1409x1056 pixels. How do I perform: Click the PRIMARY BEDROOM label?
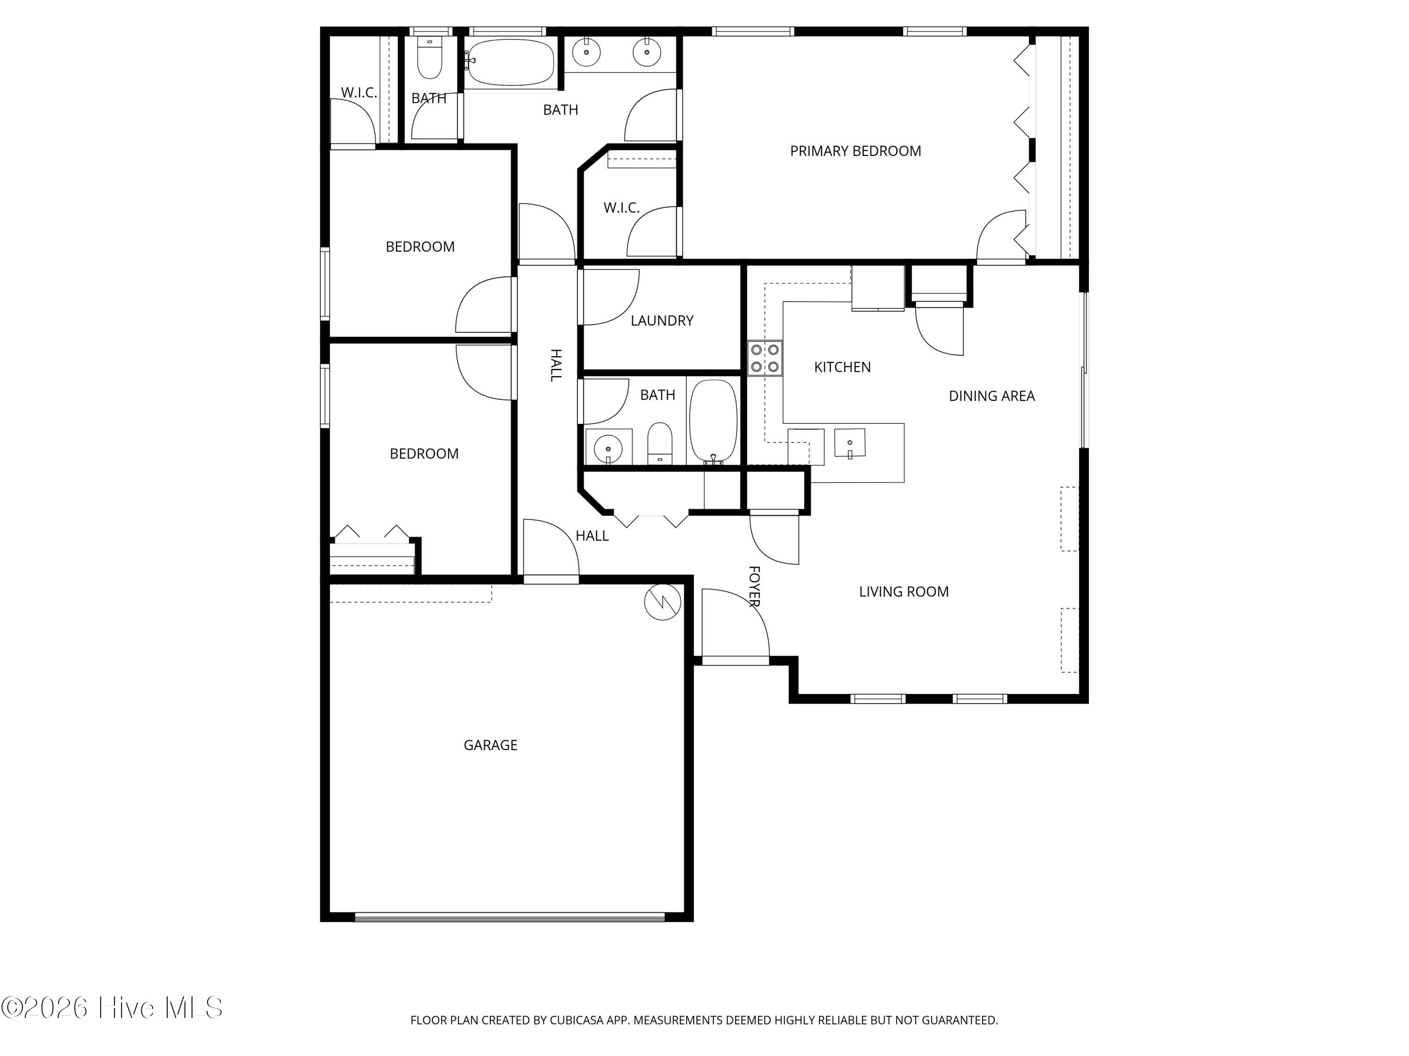coord(855,151)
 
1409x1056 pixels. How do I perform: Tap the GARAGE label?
coord(490,745)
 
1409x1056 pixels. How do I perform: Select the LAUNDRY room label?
coord(662,321)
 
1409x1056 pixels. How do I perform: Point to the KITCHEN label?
coord(842,367)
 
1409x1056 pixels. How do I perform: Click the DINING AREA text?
coord(992,396)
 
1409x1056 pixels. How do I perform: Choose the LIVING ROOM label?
coord(904,591)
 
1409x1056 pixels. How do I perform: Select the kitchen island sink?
coord(850,443)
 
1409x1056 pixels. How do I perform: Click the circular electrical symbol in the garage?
coord(662,602)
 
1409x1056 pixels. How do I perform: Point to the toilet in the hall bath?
coord(660,444)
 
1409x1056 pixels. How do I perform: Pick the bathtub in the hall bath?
coord(713,422)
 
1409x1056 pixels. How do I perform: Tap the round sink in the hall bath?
coord(608,447)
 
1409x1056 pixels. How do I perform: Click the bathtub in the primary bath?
coord(510,62)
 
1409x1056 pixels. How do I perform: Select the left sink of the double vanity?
coord(585,52)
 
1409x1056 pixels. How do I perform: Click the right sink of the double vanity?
coord(647,52)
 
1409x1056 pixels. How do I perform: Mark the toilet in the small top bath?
coord(429,59)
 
